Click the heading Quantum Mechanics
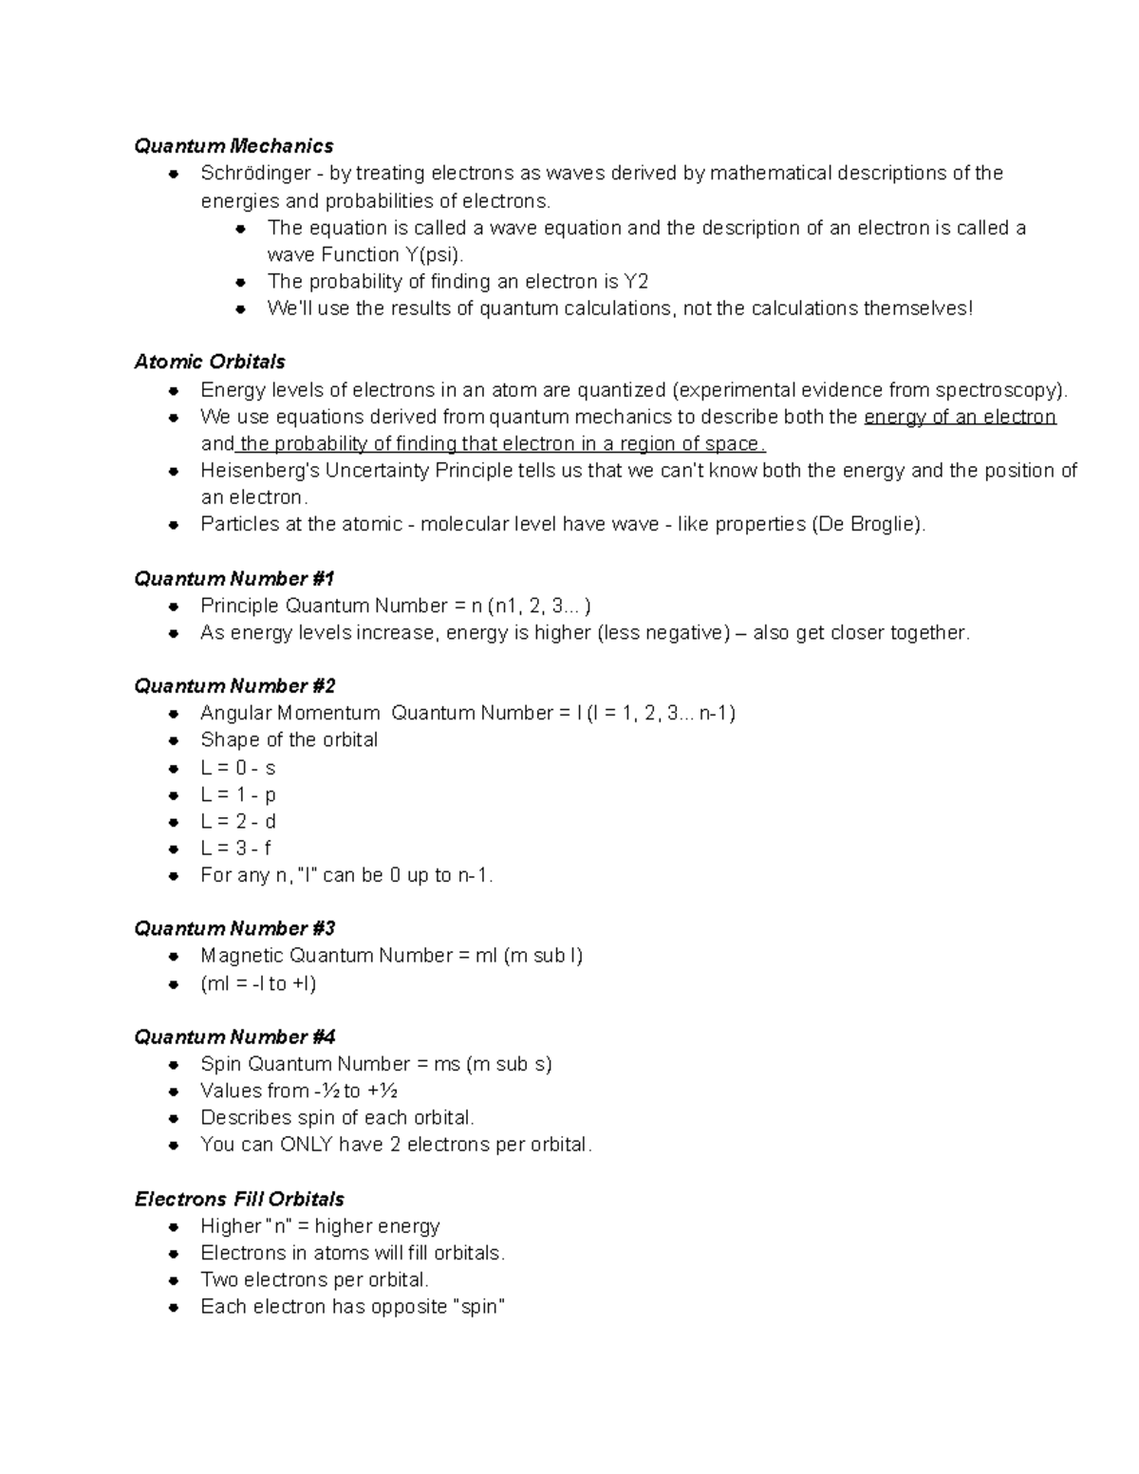click(x=233, y=146)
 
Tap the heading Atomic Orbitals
click(x=210, y=362)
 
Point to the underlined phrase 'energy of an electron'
click(x=960, y=417)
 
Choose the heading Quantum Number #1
click(x=234, y=579)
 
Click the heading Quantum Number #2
click(x=234, y=686)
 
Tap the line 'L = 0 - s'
click(x=237, y=768)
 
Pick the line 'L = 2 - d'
click(x=238, y=821)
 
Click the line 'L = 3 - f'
click(x=236, y=849)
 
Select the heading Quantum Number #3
click(x=234, y=928)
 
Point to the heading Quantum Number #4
click(x=234, y=1037)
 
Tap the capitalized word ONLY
click(x=306, y=1145)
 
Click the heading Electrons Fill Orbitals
click(x=239, y=1199)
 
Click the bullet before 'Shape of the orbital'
click(x=174, y=741)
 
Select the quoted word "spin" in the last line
click(x=478, y=1307)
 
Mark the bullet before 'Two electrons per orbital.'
click(x=174, y=1281)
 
